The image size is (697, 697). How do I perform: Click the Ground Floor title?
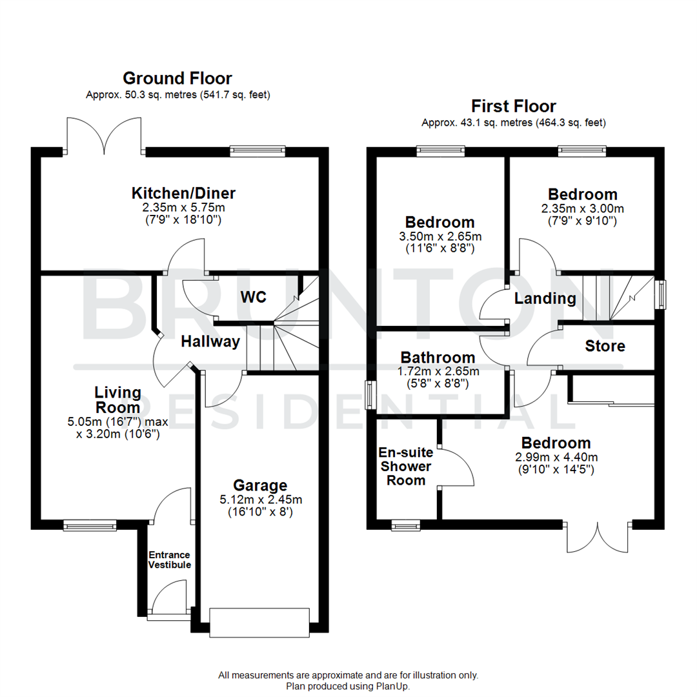tap(177, 79)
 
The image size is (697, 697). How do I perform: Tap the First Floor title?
tap(513, 106)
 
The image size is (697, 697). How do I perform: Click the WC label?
tap(254, 297)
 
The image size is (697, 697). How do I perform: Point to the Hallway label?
tap(210, 341)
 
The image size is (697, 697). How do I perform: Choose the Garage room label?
tap(260, 485)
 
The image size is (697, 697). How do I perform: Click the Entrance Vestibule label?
tap(170, 560)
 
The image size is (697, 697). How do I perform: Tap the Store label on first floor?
tap(605, 346)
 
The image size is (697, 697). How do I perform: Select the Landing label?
tap(545, 298)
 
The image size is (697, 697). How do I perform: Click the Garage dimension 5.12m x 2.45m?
tap(260, 499)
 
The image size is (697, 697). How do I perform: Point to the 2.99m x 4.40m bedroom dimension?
tap(556, 457)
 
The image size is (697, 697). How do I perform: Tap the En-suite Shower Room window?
tap(405, 526)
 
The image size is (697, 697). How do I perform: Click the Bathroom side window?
tap(369, 395)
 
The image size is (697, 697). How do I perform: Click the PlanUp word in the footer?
tap(392, 686)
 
